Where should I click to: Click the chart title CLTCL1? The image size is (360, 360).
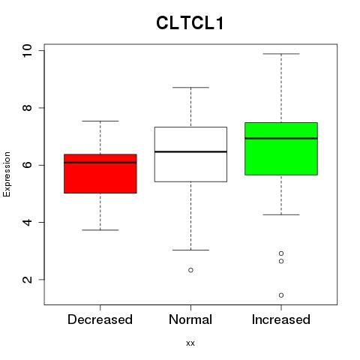pos(190,23)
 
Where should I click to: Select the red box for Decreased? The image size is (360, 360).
pos(100,173)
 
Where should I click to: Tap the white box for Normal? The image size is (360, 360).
pos(190,154)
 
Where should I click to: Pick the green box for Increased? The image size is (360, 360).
pos(281,148)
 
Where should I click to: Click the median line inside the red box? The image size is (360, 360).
pos(100,163)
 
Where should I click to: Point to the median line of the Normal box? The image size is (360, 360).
pos(190,151)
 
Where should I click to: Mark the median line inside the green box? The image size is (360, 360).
pos(281,138)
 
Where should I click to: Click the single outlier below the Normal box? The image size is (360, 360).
pos(190,270)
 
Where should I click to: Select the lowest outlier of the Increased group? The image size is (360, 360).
pos(281,295)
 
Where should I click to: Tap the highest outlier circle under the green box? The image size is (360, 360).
pos(281,253)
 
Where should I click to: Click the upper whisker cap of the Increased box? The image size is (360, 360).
pos(281,54)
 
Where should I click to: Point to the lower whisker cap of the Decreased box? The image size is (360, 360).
pos(100,230)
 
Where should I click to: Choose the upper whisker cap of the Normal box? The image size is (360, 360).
pos(190,88)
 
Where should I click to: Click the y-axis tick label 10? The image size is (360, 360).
pos(27,51)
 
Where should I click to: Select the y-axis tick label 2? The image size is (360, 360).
pos(27,280)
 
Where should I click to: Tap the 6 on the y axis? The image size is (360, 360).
pos(27,165)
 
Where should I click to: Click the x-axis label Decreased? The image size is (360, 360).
pos(100,319)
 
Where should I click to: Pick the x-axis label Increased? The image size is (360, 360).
pos(281,319)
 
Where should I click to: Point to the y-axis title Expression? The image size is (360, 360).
pos(7,174)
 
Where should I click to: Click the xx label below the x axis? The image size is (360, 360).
pos(190,343)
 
